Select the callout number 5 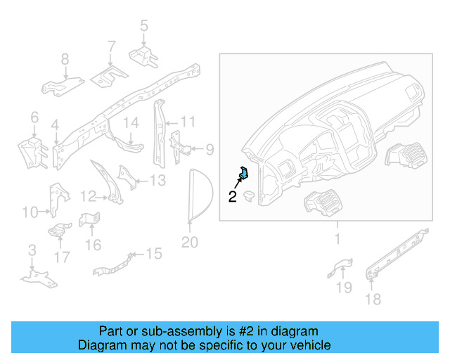coord(144,27)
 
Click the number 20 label coord(189,243)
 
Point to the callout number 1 coord(337,240)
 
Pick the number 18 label coord(373,300)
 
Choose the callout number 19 coord(343,287)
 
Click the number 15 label coord(153,253)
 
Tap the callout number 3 coord(32,250)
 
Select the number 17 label coord(62,257)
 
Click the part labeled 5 coord(143,55)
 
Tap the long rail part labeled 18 coord(397,252)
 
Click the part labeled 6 coord(31,149)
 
